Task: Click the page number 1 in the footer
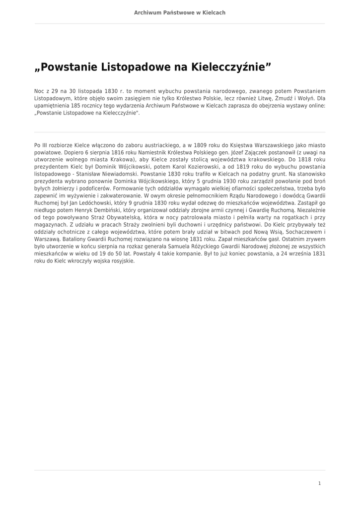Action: tap(320, 483)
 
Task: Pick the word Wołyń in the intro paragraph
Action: tap(314, 99)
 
